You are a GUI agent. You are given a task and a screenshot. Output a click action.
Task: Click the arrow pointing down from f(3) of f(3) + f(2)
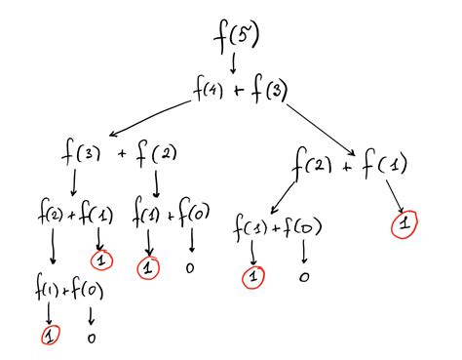[x=75, y=182]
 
